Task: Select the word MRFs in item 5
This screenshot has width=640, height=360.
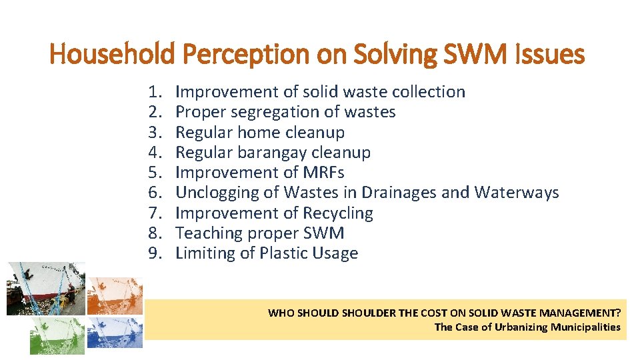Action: pyautogui.click(x=323, y=173)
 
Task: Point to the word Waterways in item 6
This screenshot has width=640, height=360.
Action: pyautogui.click(x=517, y=193)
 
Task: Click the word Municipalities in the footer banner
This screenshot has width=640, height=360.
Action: pyautogui.click(x=585, y=327)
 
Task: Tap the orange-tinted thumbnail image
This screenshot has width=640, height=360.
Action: pyautogui.click(x=115, y=295)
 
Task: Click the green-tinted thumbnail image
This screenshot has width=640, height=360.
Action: pyautogui.click(x=57, y=335)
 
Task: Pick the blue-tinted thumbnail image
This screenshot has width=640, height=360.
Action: pyautogui.click(x=115, y=333)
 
